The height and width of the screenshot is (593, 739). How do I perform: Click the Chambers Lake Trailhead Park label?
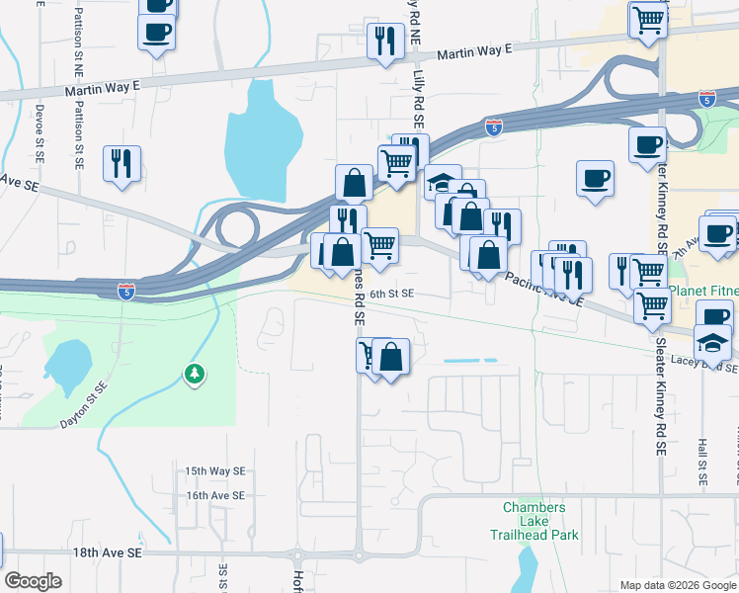[534, 521]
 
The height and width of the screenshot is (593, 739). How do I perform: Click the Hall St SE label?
[702, 462]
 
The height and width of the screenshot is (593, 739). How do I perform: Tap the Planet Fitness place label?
[703, 293]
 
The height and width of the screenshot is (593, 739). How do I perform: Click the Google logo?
[33, 580]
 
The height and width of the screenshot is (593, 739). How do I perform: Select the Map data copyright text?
[677, 585]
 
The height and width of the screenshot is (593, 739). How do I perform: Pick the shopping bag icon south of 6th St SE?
[391, 358]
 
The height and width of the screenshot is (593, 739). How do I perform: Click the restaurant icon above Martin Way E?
[382, 42]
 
